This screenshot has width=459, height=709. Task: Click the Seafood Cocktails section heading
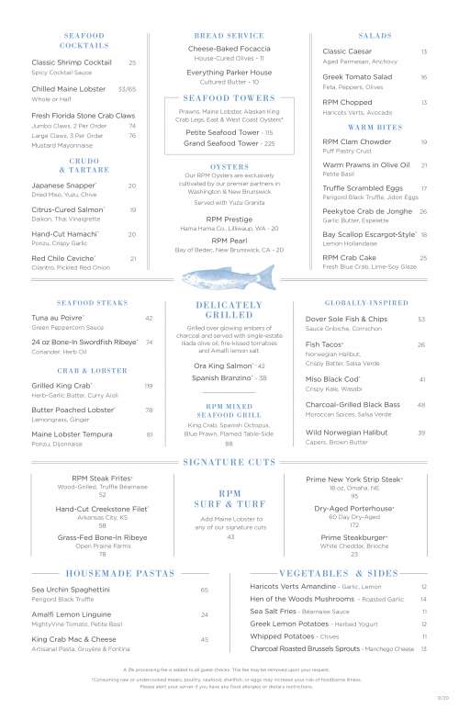tap(84, 39)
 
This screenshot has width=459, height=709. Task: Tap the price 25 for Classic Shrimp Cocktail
tap(132, 62)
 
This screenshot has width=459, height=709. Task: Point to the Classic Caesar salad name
tap(346, 51)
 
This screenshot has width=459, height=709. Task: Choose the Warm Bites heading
tap(372, 126)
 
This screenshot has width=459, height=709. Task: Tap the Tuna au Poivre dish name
tap(56, 318)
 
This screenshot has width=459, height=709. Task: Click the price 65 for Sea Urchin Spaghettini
tap(205, 590)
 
